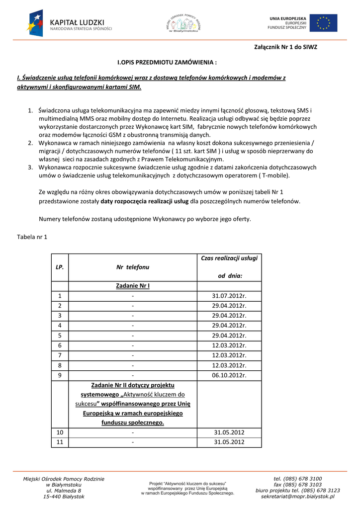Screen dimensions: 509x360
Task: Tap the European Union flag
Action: (324, 23)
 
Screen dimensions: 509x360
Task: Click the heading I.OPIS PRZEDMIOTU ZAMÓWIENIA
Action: (167, 63)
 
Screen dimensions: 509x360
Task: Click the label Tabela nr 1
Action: (32, 237)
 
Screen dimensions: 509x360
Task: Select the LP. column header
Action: (60, 267)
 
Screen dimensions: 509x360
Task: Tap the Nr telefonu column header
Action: (133, 267)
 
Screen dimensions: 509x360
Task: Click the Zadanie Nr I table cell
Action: (133, 286)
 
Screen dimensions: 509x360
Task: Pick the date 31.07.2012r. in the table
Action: (229, 296)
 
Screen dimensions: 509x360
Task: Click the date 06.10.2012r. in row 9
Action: (229, 375)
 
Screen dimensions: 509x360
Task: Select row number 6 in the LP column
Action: (60, 345)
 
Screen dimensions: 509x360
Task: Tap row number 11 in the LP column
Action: (60, 442)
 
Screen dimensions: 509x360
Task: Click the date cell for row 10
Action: (229, 432)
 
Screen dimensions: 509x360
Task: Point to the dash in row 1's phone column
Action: (133, 296)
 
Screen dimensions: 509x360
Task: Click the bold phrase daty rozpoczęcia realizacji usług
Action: (144, 201)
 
